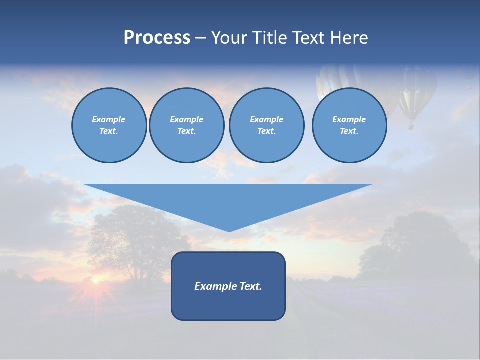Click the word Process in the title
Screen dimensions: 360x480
tap(157, 38)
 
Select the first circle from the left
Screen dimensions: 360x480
tap(109, 125)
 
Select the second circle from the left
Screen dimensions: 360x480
tap(186, 125)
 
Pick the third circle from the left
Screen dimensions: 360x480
tap(266, 125)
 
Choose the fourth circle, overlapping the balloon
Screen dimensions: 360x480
tap(349, 125)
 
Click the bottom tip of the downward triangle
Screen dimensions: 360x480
tap(229, 230)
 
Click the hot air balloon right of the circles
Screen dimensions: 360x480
tap(415, 92)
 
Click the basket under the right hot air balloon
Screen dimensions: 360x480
tap(411, 126)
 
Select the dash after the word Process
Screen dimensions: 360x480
tap(200, 38)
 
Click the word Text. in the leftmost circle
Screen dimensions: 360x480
tap(109, 131)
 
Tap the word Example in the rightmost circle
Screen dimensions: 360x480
tap(349, 119)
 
